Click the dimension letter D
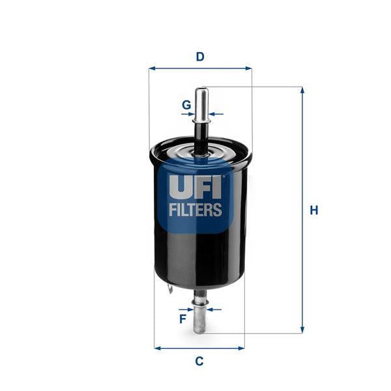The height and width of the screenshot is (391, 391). tap(200, 57)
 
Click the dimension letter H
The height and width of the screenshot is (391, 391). tap(314, 210)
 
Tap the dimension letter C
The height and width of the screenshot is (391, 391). tap(199, 361)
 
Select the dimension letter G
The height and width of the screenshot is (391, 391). tap(186, 105)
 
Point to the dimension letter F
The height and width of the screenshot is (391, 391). tap(183, 319)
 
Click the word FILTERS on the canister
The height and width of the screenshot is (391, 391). tap(195, 209)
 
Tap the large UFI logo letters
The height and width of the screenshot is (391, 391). tap(195, 187)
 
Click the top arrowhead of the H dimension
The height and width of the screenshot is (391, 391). tap(302, 90)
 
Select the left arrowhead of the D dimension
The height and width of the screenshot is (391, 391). tap(152, 68)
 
